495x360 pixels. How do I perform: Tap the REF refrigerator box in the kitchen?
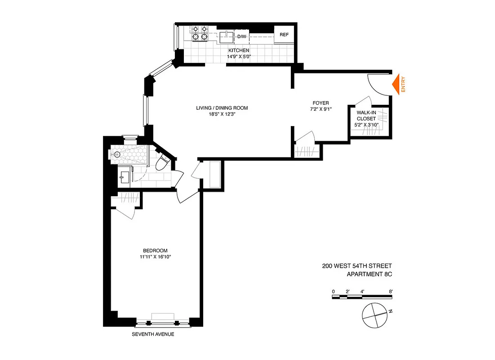click(x=284, y=35)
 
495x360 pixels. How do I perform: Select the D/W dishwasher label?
click(x=242, y=36)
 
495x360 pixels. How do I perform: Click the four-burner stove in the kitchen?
click(x=200, y=34)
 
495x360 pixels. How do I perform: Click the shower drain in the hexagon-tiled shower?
click(x=117, y=154)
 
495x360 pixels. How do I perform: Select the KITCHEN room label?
click(x=239, y=50)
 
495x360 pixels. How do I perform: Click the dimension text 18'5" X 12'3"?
click(x=222, y=115)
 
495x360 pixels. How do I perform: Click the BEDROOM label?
click(x=155, y=251)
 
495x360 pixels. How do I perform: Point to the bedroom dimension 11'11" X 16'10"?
click(x=155, y=257)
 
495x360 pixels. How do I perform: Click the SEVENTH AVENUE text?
click(x=153, y=334)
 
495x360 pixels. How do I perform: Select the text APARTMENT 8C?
click(x=370, y=274)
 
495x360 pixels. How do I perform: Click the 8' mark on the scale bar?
click(x=391, y=291)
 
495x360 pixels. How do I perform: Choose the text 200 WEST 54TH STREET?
click(x=357, y=266)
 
